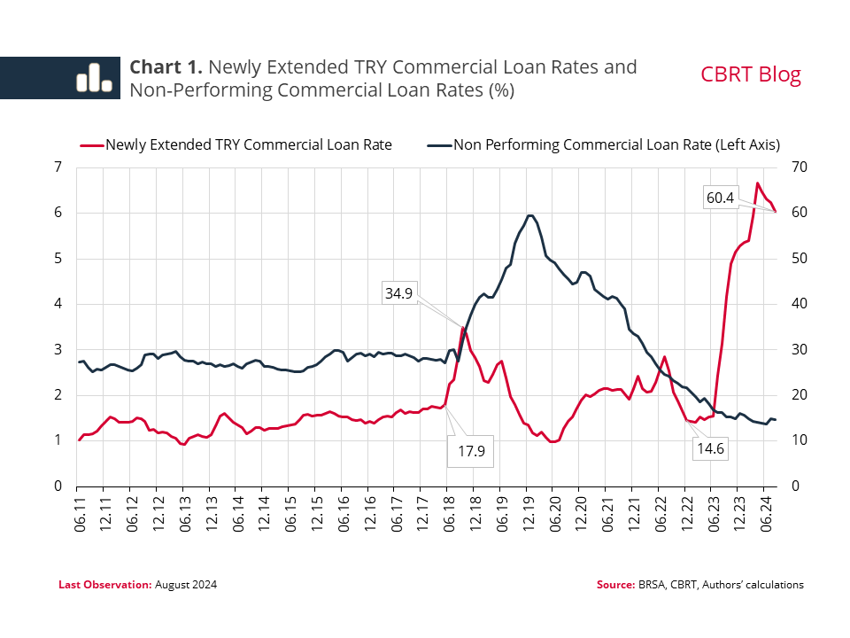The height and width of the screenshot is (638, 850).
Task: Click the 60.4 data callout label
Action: tap(720, 198)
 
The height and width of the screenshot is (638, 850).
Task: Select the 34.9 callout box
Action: tap(398, 292)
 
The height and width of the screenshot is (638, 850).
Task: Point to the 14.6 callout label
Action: tap(709, 448)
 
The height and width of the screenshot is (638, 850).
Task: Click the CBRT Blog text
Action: tap(751, 74)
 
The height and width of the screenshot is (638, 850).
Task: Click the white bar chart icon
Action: tap(94, 77)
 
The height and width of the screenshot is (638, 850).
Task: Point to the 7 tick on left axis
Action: tap(58, 167)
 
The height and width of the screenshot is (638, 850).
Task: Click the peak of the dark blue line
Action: tap(529, 215)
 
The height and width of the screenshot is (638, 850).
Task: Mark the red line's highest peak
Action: tap(757, 183)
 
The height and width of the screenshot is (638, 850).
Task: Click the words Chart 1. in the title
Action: tap(167, 67)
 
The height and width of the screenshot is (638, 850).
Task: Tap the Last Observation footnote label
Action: tap(105, 585)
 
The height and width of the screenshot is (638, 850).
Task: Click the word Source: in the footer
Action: tap(615, 585)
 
